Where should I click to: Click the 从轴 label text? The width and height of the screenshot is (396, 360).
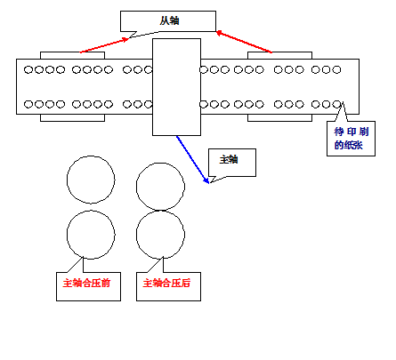(x=169, y=20)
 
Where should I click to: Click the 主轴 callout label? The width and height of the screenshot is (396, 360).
(x=229, y=160)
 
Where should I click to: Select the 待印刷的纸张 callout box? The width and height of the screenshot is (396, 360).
(x=351, y=139)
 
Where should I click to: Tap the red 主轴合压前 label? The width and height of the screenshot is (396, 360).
(x=86, y=283)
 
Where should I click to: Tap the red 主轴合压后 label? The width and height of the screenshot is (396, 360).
(x=166, y=283)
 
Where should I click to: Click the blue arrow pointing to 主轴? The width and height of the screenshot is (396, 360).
(x=193, y=160)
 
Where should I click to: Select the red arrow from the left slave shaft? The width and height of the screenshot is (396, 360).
(x=104, y=45)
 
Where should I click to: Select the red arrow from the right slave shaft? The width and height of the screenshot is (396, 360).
(x=244, y=42)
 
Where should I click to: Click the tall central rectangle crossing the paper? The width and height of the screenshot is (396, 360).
(x=176, y=87)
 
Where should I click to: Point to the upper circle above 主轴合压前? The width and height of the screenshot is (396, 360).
(x=67, y=180)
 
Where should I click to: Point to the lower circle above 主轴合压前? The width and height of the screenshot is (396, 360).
(x=67, y=235)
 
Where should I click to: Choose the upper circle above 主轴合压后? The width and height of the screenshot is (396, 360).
(x=136, y=187)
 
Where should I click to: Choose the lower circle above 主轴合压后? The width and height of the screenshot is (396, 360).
(x=136, y=235)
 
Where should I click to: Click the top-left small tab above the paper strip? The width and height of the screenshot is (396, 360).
(x=72, y=55)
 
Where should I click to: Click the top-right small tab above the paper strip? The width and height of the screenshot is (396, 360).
(x=279, y=55)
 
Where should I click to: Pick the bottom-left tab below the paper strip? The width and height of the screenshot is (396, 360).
(x=72, y=117)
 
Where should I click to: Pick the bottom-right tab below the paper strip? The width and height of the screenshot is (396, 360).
(x=279, y=117)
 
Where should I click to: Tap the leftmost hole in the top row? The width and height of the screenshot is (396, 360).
(x=28, y=70)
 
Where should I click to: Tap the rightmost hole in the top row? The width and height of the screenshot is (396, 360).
(x=336, y=70)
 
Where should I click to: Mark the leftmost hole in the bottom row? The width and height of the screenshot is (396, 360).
(x=28, y=104)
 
